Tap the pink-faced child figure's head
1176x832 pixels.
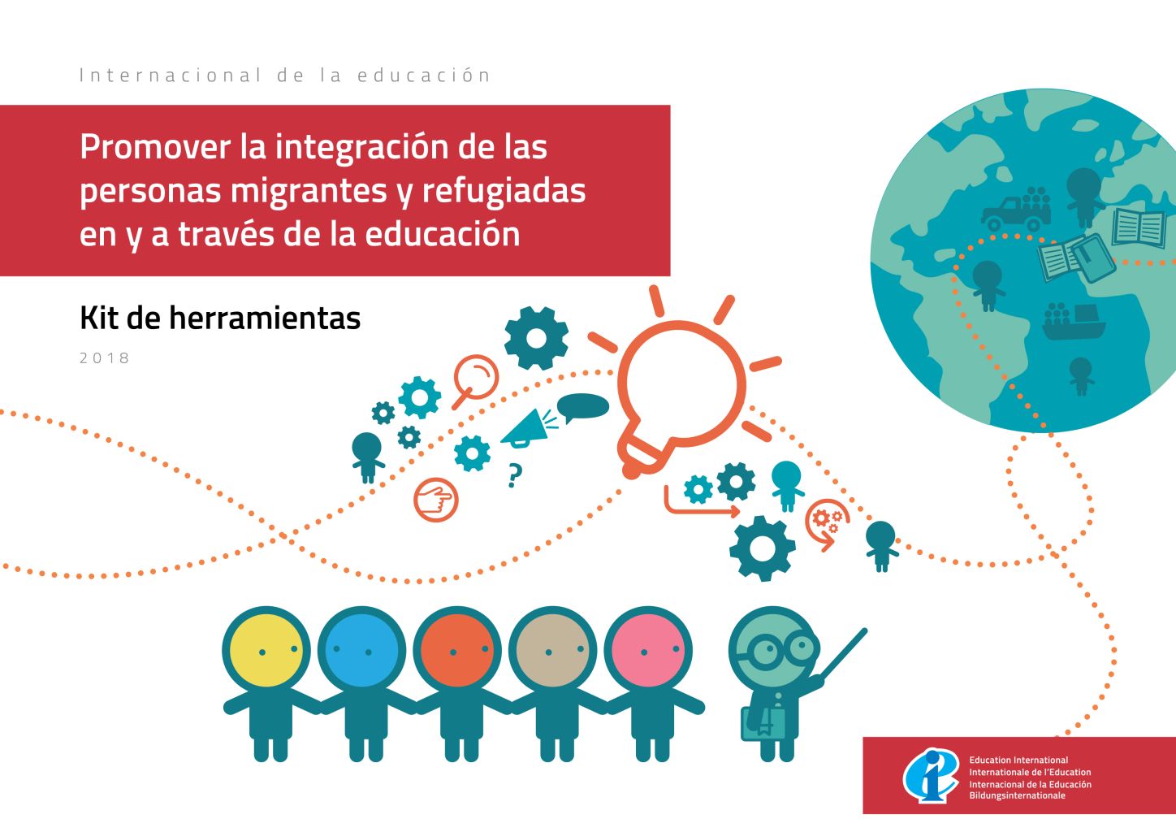pyautogui.click(x=648, y=650)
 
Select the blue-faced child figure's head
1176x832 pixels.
pyautogui.click(x=361, y=650)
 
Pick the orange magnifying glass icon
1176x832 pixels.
pyautogui.click(x=475, y=381)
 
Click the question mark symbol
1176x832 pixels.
pyautogui.click(x=515, y=474)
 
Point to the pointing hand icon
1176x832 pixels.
pyautogui.click(x=436, y=499)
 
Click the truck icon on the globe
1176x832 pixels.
pyautogui.click(x=1016, y=210)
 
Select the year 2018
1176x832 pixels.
pyautogui.click(x=105, y=358)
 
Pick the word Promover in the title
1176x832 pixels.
pyautogui.click(x=155, y=147)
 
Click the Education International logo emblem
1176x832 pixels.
pyautogui.click(x=930, y=775)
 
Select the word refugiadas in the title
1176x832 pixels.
pyautogui.click(x=504, y=190)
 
